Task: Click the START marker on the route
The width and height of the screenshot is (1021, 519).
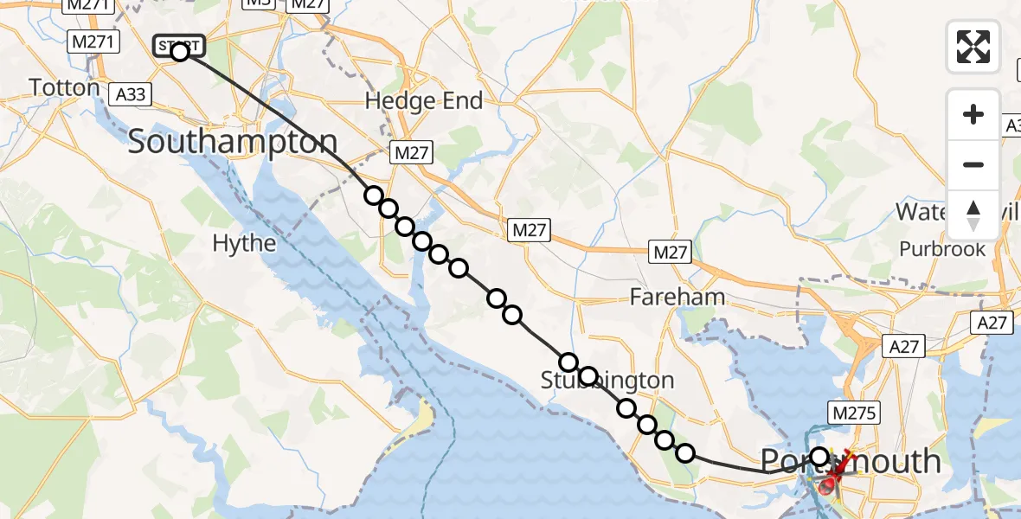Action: (179, 47)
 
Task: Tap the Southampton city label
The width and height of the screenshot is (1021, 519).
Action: (233, 142)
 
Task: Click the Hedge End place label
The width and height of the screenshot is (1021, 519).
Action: (424, 101)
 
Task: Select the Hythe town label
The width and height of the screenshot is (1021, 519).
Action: (244, 244)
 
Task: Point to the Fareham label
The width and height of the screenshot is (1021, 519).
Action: (677, 298)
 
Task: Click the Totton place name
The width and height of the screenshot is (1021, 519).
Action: (65, 87)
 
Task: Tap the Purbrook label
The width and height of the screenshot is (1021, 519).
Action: (942, 249)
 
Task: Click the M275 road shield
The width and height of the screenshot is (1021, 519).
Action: (852, 413)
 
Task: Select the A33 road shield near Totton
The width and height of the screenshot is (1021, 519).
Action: (132, 93)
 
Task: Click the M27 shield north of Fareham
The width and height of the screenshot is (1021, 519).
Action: (671, 253)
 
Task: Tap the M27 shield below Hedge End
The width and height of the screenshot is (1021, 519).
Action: (411, 152)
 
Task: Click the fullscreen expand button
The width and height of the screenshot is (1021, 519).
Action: (973, 47)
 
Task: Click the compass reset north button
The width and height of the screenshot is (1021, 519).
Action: (973, 215)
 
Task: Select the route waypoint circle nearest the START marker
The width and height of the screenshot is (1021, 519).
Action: (373, 195)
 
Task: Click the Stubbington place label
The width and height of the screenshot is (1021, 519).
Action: (607, 381)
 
